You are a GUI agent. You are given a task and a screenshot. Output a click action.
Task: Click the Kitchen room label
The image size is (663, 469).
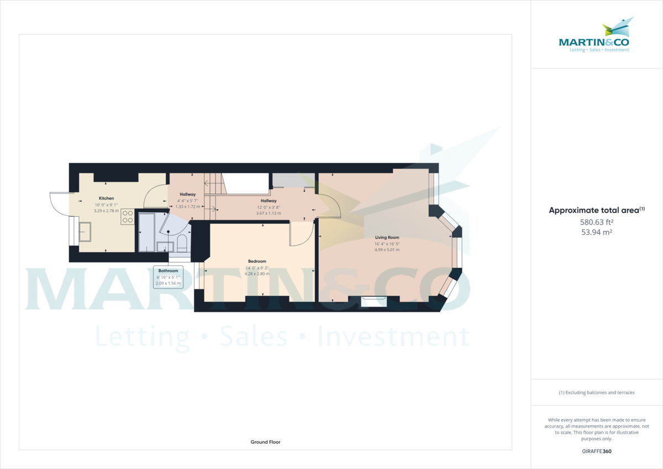click(x=107, y=198)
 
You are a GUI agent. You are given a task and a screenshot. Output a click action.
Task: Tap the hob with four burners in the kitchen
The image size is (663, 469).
click(x=128, y=216)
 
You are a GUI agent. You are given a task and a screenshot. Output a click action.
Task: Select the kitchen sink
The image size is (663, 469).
click(x=86, y=232)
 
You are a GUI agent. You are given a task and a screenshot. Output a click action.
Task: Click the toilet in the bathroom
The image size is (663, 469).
click(x=182, y=244)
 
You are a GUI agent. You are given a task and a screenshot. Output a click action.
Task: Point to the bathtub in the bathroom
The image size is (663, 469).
click(x=146, y=232)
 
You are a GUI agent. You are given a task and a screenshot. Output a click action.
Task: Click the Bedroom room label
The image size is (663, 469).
click(x=257, y=261)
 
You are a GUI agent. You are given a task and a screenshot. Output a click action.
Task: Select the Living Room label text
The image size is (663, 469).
click(x=386, y=237)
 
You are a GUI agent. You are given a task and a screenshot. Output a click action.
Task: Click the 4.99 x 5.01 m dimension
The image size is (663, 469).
click(x=386, y=249)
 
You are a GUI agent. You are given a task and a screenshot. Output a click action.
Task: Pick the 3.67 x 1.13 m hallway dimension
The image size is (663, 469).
click(x=269, y=213)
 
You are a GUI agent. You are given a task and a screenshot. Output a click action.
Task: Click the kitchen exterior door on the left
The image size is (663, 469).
click(x=58, y=205)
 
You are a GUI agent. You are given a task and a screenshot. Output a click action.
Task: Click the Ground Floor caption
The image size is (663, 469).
click(x=266, y=442)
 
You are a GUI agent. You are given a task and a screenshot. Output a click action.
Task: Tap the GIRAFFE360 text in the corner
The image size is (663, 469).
click(x=597, y=451)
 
